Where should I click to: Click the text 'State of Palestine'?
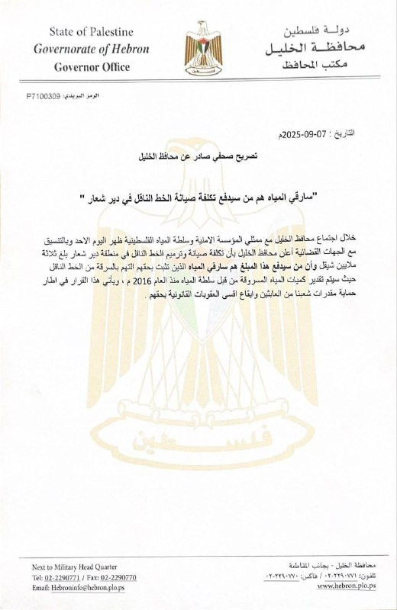coord(91,31)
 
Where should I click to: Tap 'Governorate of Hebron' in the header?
coord(91,49)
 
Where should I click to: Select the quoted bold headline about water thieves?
coord(198,199)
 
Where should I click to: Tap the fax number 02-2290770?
coord(112,577)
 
